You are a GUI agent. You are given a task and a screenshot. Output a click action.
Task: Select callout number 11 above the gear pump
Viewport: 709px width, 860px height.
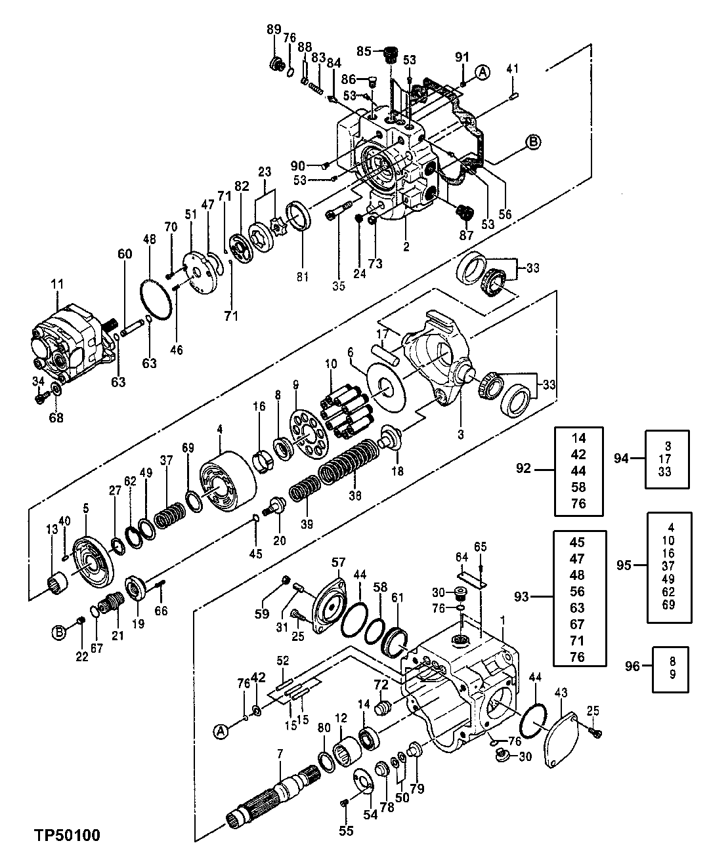click(58, 285)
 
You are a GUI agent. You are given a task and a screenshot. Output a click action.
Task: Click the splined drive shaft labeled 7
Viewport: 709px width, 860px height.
click(276, 797)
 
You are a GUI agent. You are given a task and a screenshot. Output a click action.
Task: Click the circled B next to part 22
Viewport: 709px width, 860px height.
click(59, 633)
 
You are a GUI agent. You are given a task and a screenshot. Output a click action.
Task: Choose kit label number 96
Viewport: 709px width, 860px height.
click(631, 667)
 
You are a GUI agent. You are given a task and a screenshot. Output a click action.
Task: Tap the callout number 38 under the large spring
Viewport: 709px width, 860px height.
click(355, 497)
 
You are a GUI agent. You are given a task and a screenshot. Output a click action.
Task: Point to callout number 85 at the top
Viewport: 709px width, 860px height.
click(364, 51)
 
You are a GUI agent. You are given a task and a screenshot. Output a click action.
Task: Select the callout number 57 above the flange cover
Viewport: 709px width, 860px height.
click(338, 562)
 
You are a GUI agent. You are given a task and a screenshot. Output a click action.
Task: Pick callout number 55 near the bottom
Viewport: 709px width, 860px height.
click(346, 830)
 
